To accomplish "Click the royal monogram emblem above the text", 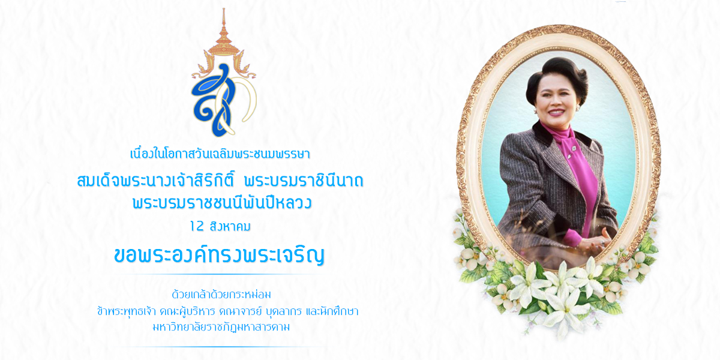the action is click(224, 73).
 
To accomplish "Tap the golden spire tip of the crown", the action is click(224, 10).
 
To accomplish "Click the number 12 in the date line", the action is click(197, 226).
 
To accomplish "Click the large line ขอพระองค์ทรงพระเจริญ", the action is click(219, 255).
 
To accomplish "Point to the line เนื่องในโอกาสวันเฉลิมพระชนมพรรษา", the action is click(220, 154).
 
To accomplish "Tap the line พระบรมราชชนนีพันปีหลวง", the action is click(222, 203).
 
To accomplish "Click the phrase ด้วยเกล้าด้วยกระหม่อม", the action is click(221, 294).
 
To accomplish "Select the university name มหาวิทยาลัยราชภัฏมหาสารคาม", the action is click(221, 327).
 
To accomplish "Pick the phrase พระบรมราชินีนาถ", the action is click(304, 181).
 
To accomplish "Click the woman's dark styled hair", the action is click(557, 76).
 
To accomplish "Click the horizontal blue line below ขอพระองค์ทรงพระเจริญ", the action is click(220, 275).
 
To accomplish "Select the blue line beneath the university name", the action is click(220, 347).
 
